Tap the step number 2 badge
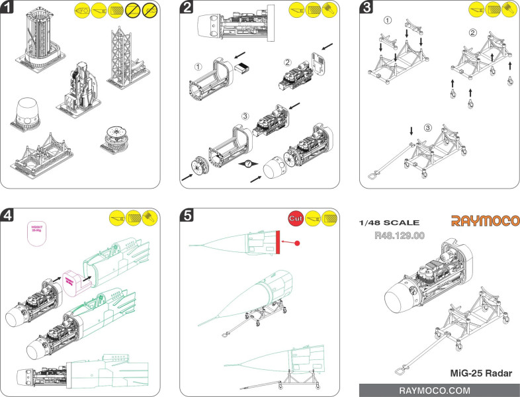pyautogui.click(x=188, y=9)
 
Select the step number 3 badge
pyautogui.click(x=367, y=9)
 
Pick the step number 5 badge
pyautogui.click(x=188, y=216)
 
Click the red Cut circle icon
pyautogui.click(x=296, y=218)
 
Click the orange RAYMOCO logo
pyautogui.click(x=485, y=220)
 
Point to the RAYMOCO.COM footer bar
pyautogui.click(x=439, y=390)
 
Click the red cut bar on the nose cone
pyautogui.click(x=279, y=242)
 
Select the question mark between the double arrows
pyautogui.click(x=248, y=164)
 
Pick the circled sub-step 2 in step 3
pyautogui.click(x=472, y=32)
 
